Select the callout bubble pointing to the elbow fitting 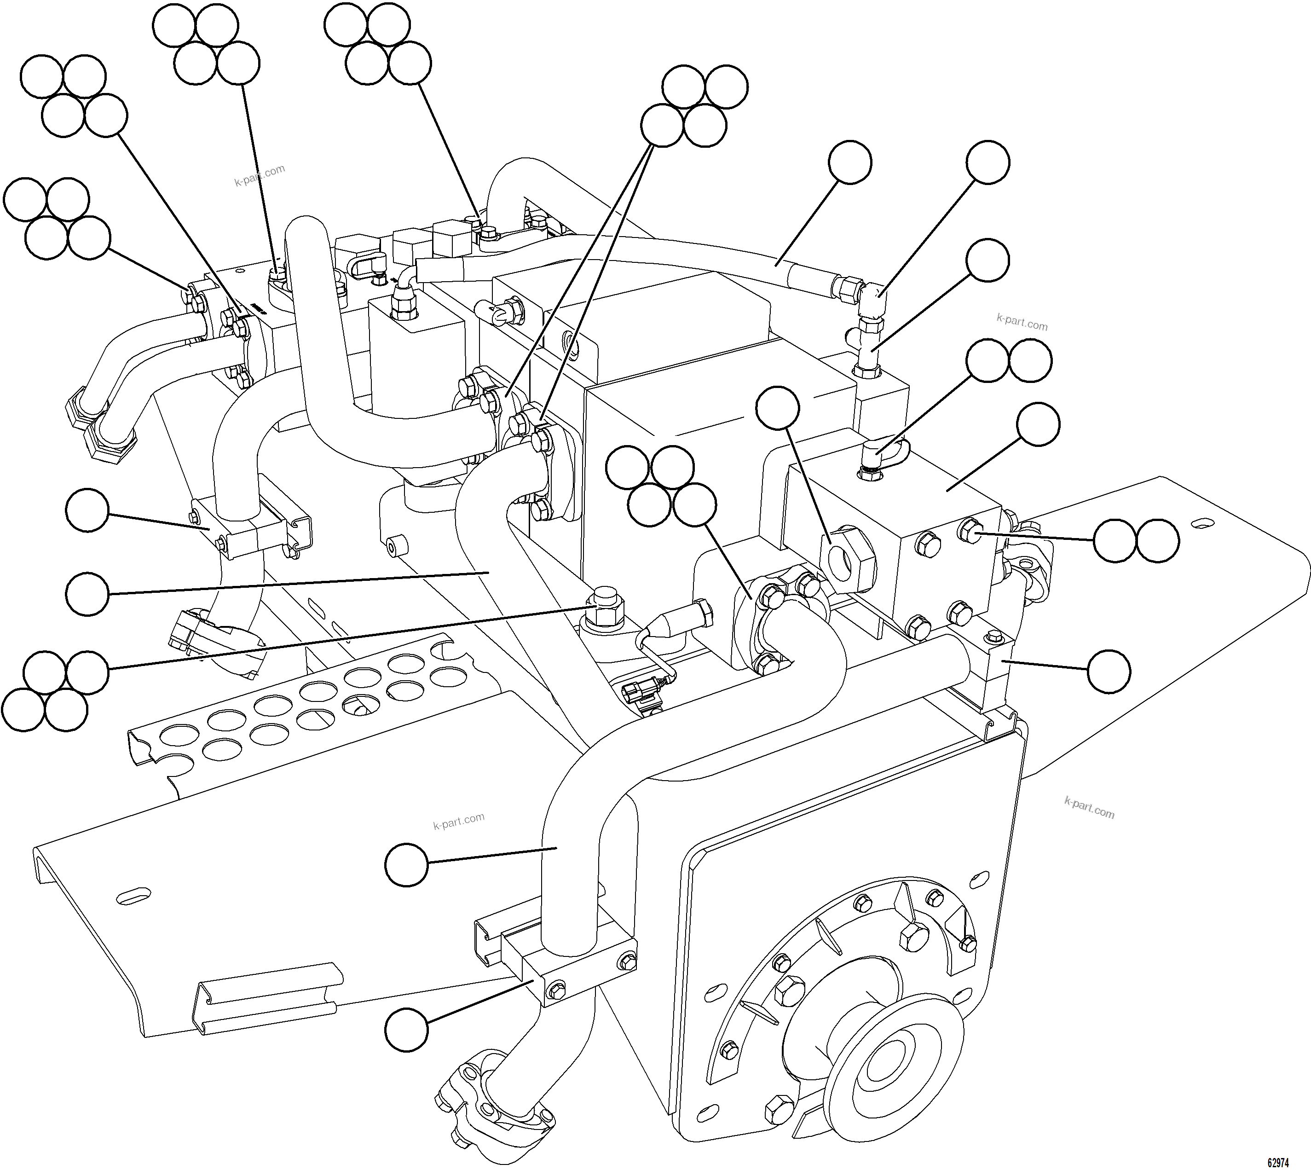(x=988, y=162)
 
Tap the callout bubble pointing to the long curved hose (x=849, y=162)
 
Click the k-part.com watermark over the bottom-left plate (x=458, y=821)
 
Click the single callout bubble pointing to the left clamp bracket (x=87, y=510)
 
